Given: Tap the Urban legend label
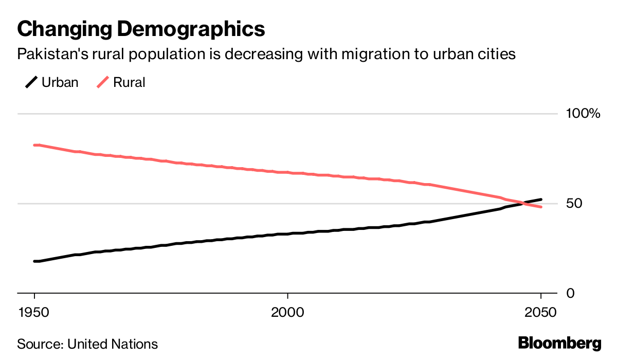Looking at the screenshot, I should [60, 82].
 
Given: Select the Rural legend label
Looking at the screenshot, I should [129, 82].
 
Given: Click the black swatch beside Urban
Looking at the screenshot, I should [31, 82].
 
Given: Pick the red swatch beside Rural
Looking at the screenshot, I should [102, 82].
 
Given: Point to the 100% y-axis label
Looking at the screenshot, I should [583, 114].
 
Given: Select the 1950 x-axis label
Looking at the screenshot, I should [34, 313].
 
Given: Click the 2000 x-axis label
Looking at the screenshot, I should [287, 313].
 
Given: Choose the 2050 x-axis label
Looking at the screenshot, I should [540, 313].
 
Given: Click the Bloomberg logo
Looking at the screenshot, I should [559, 343].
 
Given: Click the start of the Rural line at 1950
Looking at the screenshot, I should [35, 145].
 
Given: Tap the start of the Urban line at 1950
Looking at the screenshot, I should [35, 261].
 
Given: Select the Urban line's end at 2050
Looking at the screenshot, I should [540, 200].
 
